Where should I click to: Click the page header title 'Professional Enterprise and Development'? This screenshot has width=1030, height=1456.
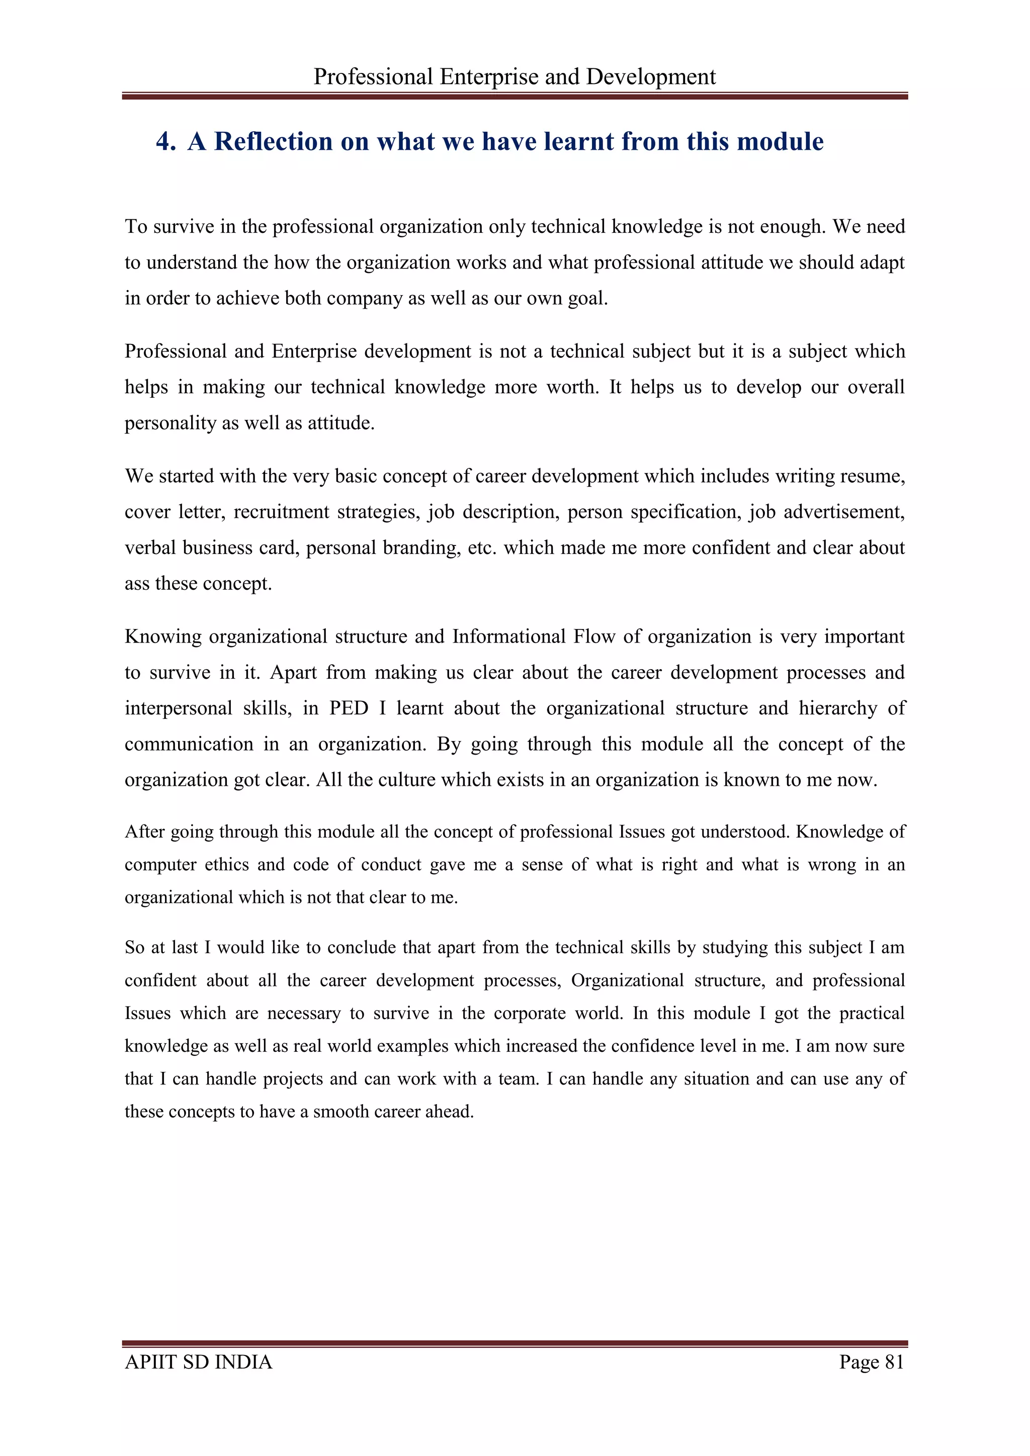pyautogui.click(x=514, y=77)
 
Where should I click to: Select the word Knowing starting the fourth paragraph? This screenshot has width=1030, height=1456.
pyautogui.click(x=162, y=636)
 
